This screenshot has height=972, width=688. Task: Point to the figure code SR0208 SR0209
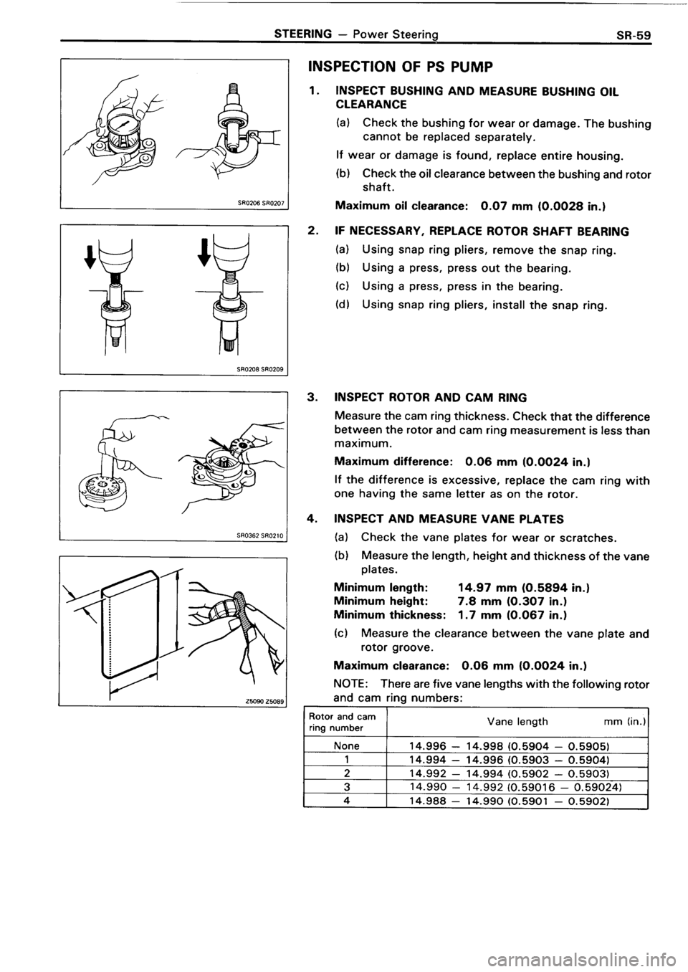click(262, 370)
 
